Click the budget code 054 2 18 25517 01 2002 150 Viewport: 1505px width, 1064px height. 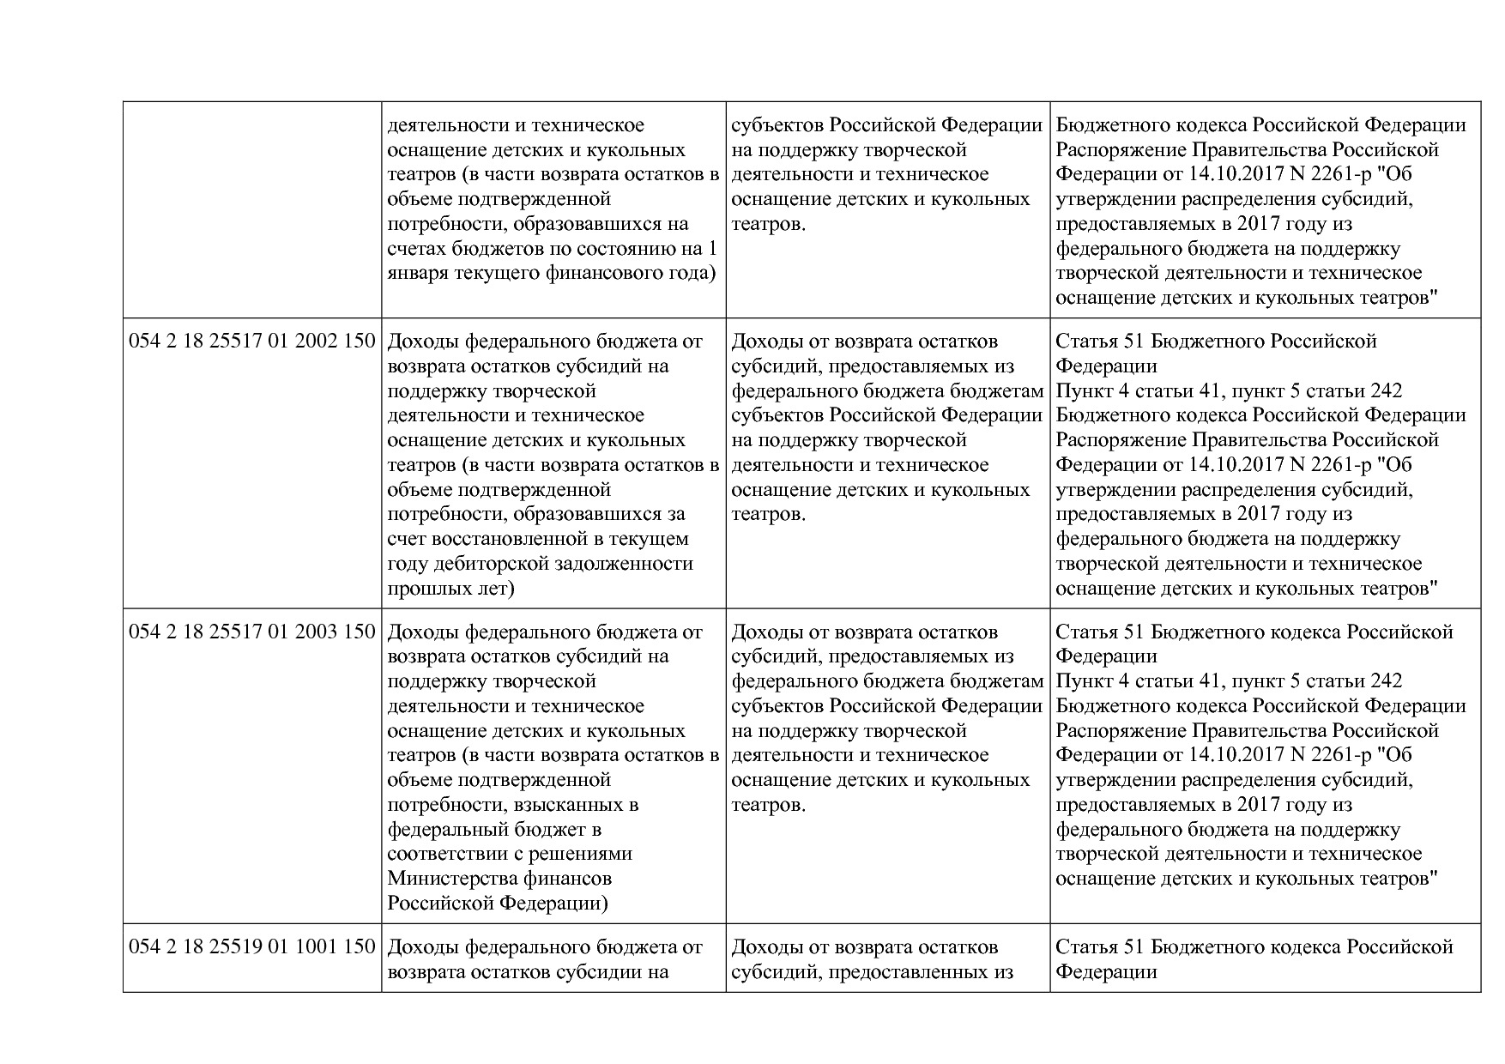tap(252, 342)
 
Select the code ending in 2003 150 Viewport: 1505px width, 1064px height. tap(252, 632)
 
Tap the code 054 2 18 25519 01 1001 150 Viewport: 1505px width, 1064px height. tap(252, 947)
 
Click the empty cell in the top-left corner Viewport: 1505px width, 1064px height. tap(252, 210)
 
